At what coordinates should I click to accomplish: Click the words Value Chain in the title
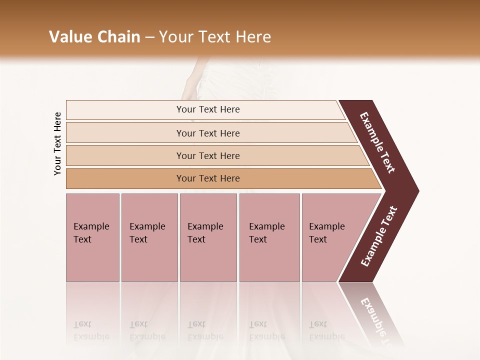point(94,37)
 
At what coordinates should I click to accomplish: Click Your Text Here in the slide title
point(215,37)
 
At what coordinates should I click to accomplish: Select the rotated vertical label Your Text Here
point(58,143)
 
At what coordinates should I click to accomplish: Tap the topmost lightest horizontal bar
point(207,109)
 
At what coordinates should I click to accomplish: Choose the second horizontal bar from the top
point(207,133)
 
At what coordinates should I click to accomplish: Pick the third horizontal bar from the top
point(207,155)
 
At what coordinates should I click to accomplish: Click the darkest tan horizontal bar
point(207,178)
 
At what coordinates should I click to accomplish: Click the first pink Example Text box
point(92,237)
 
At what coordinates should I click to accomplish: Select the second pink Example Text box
point(149,237)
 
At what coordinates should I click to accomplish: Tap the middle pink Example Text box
point(208,237)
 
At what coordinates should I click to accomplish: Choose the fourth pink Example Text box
point(269,237)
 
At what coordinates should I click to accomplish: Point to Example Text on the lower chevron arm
point(378,236)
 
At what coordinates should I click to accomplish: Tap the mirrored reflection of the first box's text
point(91,330)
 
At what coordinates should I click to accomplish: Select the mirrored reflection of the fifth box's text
point(326,330)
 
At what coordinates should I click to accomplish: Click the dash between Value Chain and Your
point(149,37)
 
